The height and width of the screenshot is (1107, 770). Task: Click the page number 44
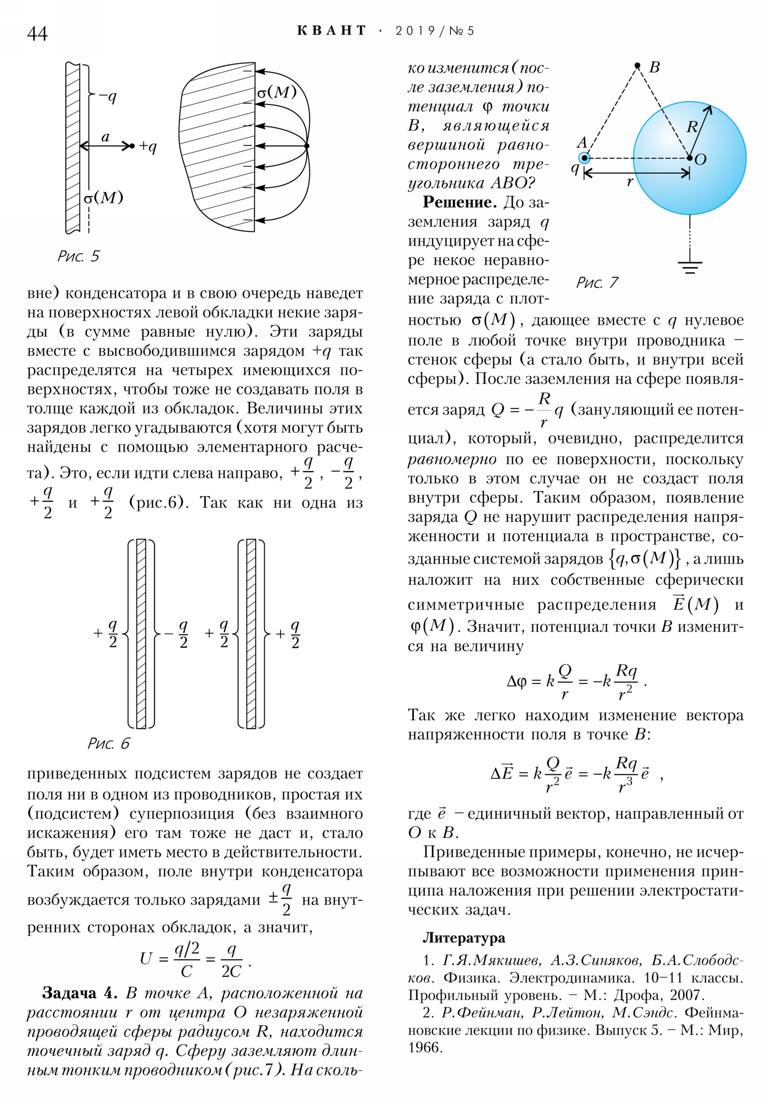click(37, 34)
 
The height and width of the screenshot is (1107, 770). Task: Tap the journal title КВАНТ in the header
click(331, 31)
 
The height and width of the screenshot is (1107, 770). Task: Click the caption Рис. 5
click(78, 256)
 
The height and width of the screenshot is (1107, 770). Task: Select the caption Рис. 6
click(108, 743)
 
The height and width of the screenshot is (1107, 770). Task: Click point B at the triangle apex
click(637, 65)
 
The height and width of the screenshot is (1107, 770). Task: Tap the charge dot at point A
click(584, 158)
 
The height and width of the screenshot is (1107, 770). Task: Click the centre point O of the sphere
click(690, 158)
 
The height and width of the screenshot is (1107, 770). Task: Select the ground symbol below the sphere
click(690, 267)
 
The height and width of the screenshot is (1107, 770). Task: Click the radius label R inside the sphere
click(692, 127)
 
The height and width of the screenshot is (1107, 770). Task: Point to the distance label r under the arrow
click(629, 182)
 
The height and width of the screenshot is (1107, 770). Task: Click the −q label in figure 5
click(108, 97)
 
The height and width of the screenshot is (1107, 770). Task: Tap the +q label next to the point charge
click(148, 146)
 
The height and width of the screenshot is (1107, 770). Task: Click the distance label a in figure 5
click(105, 137)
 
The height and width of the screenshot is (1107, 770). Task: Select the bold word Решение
click(460, 202)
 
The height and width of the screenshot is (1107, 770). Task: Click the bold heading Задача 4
click(79, 993)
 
